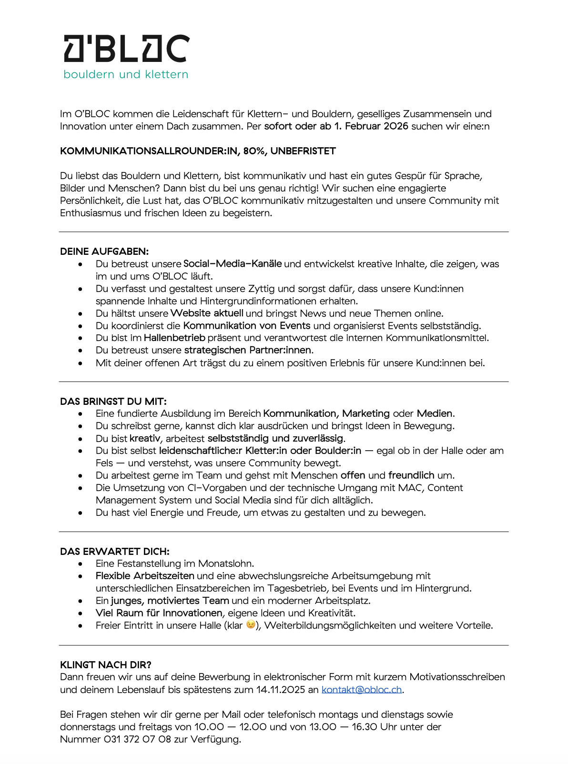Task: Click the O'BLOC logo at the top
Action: (127, 49)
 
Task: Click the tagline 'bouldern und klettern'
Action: (126, 75)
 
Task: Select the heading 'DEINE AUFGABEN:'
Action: (104, 251)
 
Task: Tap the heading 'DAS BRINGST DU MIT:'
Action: (113, 402)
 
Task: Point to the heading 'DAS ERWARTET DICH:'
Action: (115, 552)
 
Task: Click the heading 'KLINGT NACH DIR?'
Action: (106, 665)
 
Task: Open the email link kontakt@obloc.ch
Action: (362, 690)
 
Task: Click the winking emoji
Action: (251, 625)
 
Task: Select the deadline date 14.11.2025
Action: (281, 690)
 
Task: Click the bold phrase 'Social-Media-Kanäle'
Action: (233, 264)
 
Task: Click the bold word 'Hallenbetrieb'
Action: (174, 338)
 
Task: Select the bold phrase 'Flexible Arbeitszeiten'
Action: (145, 576)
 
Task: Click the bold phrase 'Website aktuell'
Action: (207, 313)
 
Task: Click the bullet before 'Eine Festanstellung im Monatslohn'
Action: (81, 564)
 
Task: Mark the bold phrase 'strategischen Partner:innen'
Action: (248, 351)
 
